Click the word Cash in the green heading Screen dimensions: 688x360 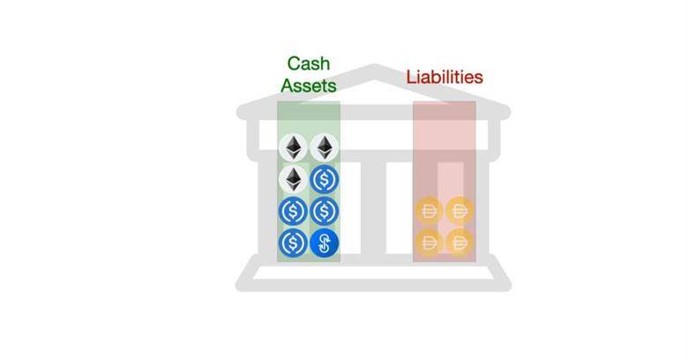(x=309, y=64)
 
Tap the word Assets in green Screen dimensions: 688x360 (x=309, y=86)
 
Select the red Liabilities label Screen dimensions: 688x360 (x=445, y=78)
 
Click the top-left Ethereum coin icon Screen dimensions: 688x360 (x=293, y=147)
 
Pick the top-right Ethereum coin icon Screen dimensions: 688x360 (x=325, y=147)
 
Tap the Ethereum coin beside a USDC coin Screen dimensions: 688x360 (x=293, y=180)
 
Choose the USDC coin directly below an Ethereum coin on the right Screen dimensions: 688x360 (x=325, y=180)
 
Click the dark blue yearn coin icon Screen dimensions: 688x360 (x=325, y=243)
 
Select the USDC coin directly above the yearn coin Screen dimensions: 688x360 (x=325, y=211)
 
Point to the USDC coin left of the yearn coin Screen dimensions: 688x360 (x=293, y=243)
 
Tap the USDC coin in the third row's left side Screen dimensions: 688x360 (x=293, y=211)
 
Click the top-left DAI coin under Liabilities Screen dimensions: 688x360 (x=429, y=211)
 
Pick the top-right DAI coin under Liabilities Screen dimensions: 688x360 (x=460, y=211)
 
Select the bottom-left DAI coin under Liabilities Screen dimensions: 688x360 (x=429, y=243)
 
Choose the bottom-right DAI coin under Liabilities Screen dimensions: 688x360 (x=460, y=243)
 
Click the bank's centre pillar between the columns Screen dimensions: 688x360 (x=373, y=207)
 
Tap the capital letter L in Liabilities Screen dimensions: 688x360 (x=411, y=78)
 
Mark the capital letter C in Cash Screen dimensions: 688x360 (x=294, y=64)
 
